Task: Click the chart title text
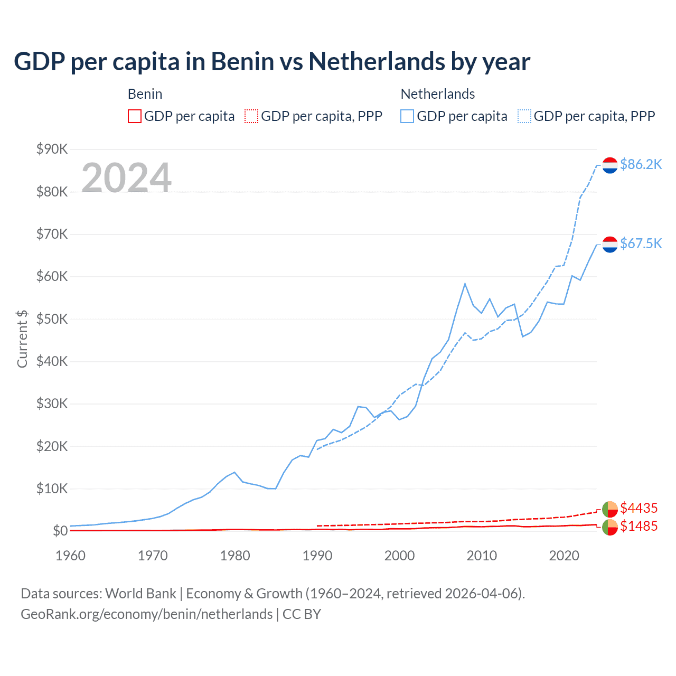pos(271,62)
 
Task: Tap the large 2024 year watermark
pos(126,178)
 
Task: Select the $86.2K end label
pos(641,164)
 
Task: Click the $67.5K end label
pos(641,243)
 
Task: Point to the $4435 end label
pos(639,508)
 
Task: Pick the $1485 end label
pos(639,526)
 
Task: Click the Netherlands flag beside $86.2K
pos(610,165)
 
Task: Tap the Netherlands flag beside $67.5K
pos(610,244)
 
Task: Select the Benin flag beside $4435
pos(610,509)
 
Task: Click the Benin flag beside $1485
pos(610,527)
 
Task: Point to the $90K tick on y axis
pos(52,149)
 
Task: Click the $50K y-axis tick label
pos(52,319)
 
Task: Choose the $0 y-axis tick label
pos(60,531)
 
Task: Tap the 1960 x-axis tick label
pos(70,556)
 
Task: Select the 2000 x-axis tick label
pos(399,556)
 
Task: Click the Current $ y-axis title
pos(22,339)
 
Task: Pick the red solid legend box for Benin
pos(135,116)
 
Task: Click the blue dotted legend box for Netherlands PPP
pos(524,116)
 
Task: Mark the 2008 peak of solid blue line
pos(465,284)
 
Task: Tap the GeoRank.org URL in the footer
pos(146,614)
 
